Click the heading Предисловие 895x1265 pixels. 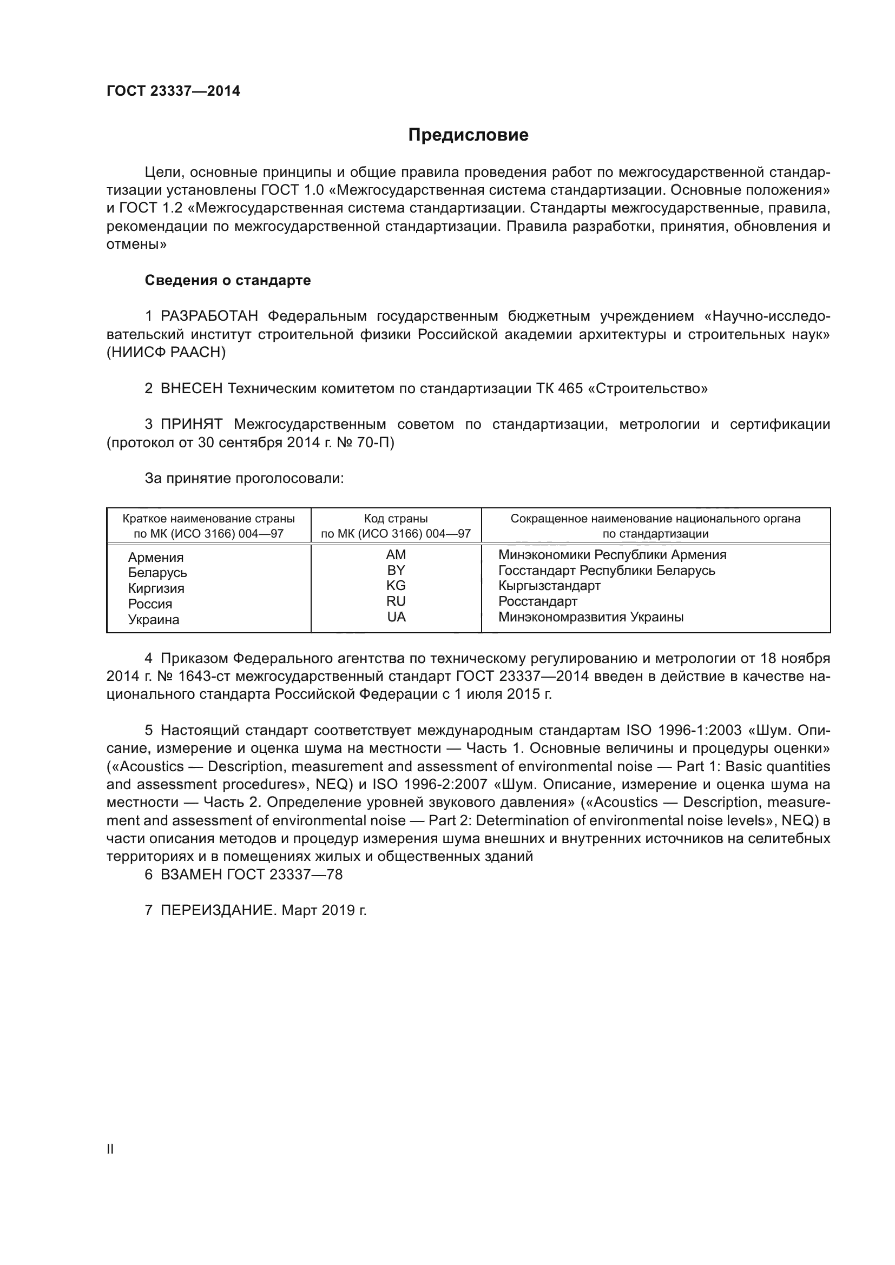click(x=468, y=135)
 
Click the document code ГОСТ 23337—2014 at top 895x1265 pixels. click(x=173, y=91)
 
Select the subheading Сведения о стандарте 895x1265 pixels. click(x=228, y=281)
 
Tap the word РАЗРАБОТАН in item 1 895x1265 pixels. click(x=209, y=316)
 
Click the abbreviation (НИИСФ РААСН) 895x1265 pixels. click(x=166, y=353)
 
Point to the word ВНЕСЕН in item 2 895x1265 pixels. click(x=192, y=388)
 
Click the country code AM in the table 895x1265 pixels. click(x=396, y=555)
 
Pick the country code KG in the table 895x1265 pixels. click(x=396, y=586)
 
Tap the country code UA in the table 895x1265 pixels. click(x=396, y=617)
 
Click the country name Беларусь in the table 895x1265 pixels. click(x=157, y=573)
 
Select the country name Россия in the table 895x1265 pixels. click(x=150, y=604)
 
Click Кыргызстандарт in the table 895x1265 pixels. click(x=549, y=586)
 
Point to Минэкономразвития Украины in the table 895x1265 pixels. click(x=591, y=617)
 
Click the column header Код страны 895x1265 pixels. click(x=396, y=519)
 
